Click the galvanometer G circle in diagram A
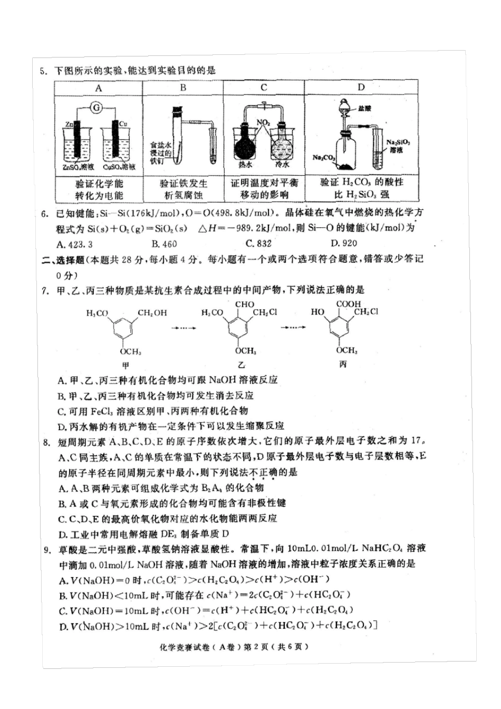(x=97, y=108)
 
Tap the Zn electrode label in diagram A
(x=69, y=124)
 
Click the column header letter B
(x=182, y=88)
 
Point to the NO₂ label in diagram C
(x=263, y=122)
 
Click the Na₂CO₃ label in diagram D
(x=324, y=157)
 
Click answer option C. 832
(x=258, y=243)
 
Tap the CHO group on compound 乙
(x=244, y=304)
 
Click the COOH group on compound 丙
(x=348, y=304)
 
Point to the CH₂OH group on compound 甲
(x=152, y=313)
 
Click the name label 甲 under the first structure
(x=126, y=365)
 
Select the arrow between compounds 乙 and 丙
(x=294, y=328)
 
